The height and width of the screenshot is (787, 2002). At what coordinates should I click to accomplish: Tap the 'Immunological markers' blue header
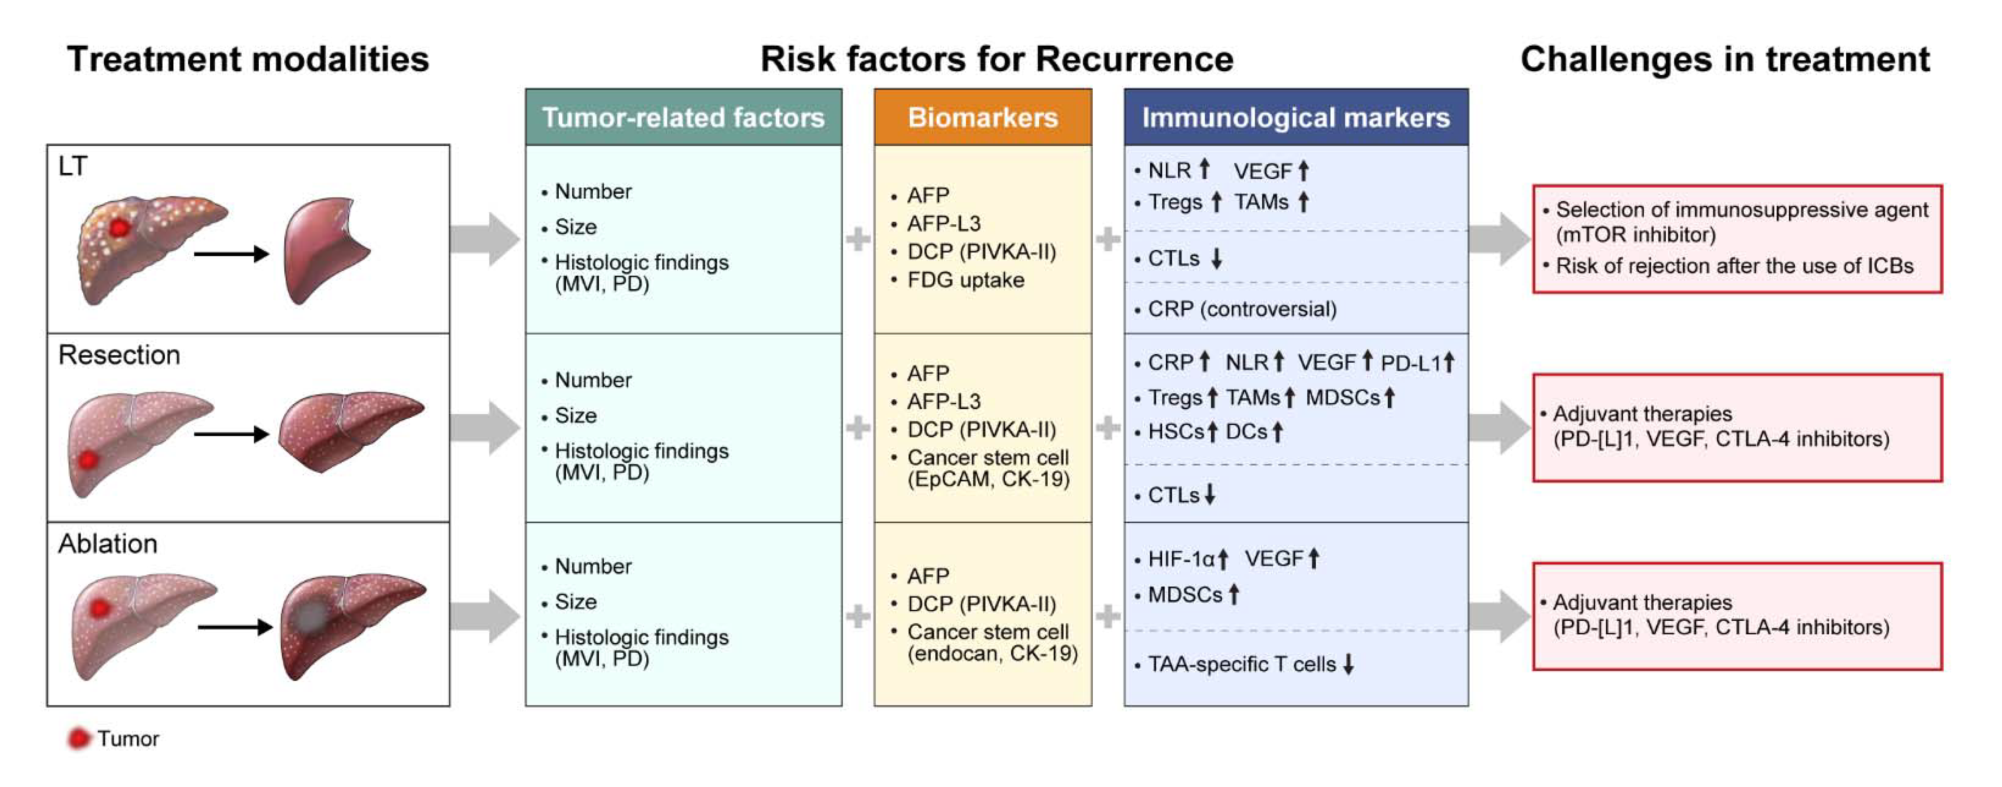point(1296,117)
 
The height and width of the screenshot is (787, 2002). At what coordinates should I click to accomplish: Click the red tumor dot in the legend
point(78,738)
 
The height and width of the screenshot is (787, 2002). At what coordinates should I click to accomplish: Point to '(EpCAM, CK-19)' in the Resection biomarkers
point(988,479)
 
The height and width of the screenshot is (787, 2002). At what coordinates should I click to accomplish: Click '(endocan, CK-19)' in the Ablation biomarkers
point(992,654)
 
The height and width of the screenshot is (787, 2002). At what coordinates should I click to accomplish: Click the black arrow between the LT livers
point(231,253)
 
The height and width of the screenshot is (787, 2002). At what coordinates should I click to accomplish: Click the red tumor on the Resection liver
point(89,459)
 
